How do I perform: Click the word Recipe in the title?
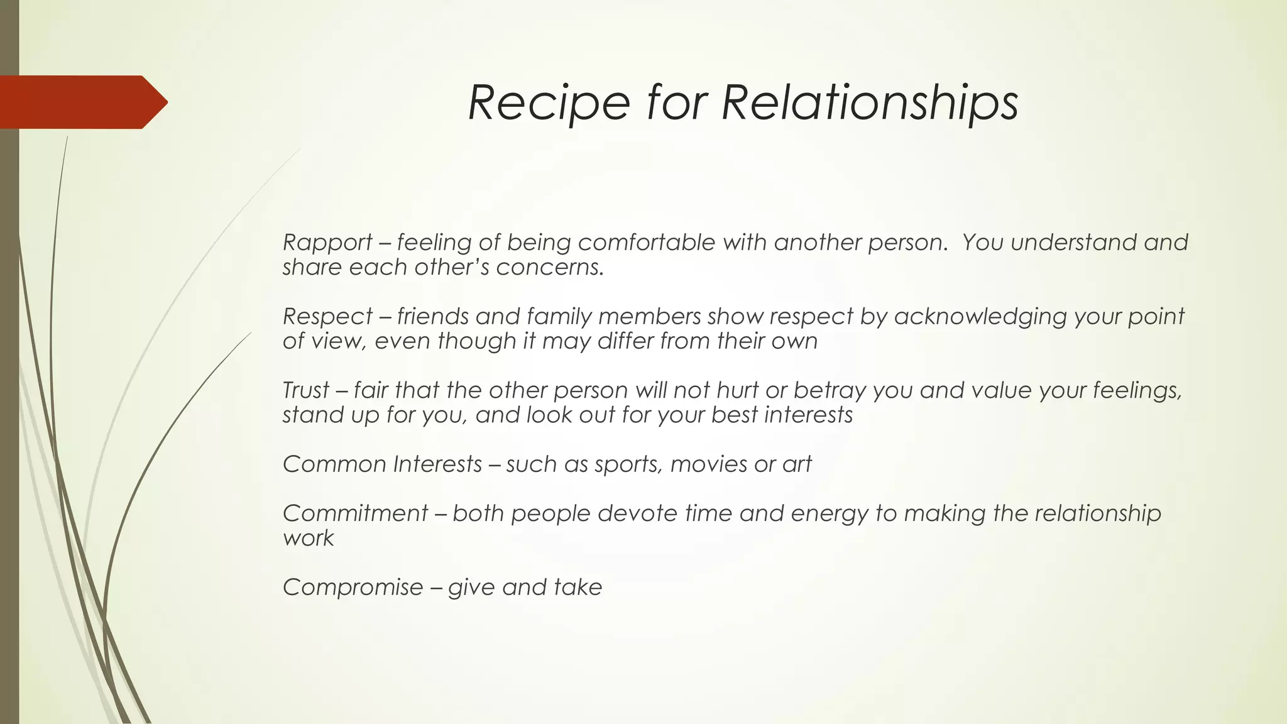coord(549,103)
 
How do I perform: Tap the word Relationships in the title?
coord(870,103)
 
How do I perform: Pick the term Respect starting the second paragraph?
coord(327,316)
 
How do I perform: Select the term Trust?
coord(306,390)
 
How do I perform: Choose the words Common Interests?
coord(382,464)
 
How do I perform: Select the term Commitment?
coord(355,513)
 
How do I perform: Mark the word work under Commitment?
coord(308,539)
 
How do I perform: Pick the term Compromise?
coord(353,588)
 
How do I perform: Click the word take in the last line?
coord(578,588)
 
